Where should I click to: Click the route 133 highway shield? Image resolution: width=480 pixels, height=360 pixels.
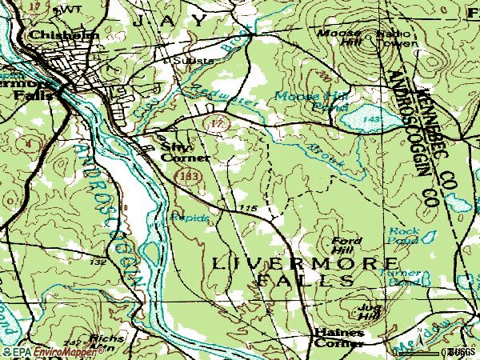(189, 174)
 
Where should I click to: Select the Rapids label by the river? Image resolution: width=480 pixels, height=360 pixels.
(190, 218)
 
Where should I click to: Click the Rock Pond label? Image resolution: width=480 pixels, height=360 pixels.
(404, 234)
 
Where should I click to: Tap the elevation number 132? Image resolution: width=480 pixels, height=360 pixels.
(98, 262)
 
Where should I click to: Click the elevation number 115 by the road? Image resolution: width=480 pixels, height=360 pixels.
(246, 208)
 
